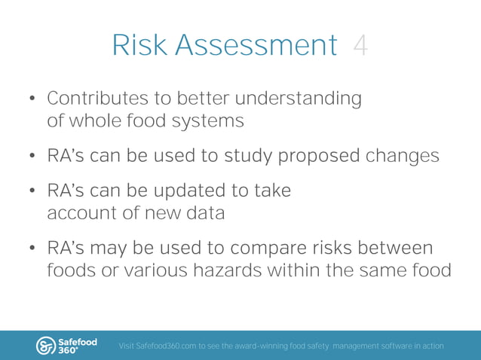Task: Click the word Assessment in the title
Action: [256, 46]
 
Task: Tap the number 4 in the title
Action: [360, 46]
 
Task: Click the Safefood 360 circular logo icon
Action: [47, 346]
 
